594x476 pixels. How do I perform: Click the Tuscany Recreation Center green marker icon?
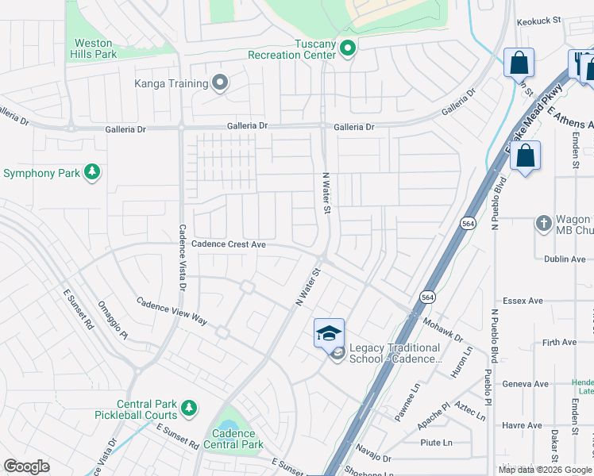[x=347, y=49]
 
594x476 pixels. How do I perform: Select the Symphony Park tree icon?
[x=93, y=172]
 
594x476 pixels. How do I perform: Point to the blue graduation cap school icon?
[x=329, y=332]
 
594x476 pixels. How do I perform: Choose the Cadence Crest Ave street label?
[x=229, y=245]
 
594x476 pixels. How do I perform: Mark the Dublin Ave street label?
[x=565, y=259]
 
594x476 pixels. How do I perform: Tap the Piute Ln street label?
[x=437, y=443]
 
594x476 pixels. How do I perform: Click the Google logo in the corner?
[x=26, y=466]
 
